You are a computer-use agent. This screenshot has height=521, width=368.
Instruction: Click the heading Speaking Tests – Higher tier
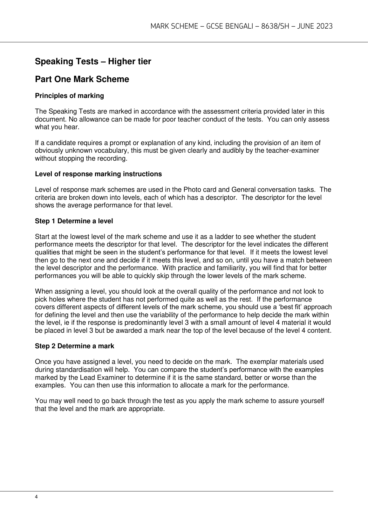point(93,61)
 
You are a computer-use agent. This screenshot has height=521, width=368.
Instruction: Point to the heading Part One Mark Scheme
point(82,79)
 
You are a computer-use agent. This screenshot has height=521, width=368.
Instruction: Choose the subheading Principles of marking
point(69,96)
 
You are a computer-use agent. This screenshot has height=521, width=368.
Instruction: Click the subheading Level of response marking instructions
point(98,174)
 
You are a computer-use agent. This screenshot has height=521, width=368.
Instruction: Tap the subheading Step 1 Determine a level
point(74,221)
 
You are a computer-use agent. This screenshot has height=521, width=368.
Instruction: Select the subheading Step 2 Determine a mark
point(74,346)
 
